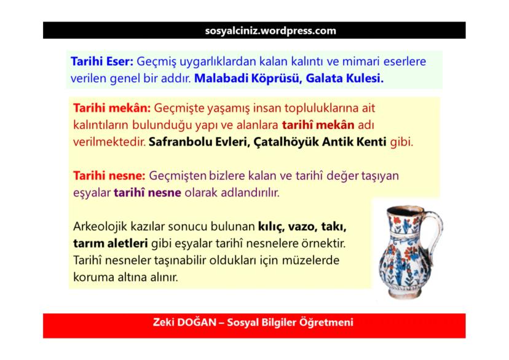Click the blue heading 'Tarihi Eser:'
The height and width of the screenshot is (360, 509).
(102, 62)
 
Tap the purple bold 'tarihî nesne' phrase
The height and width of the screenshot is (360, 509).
(147, 192)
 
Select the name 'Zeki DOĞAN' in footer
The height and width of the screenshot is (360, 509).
(180, 322)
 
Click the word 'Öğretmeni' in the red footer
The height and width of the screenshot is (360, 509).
(329, 322)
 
